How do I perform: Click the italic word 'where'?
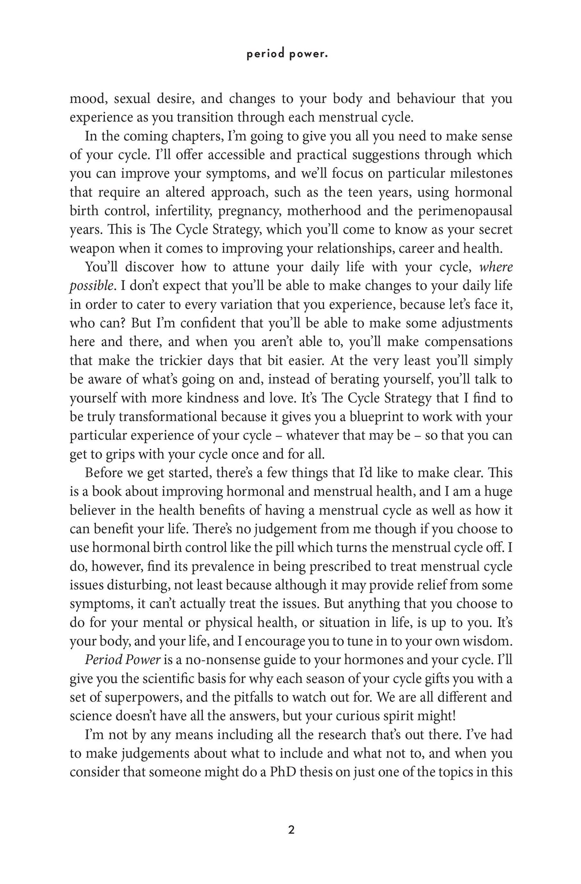pos(496,267)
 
